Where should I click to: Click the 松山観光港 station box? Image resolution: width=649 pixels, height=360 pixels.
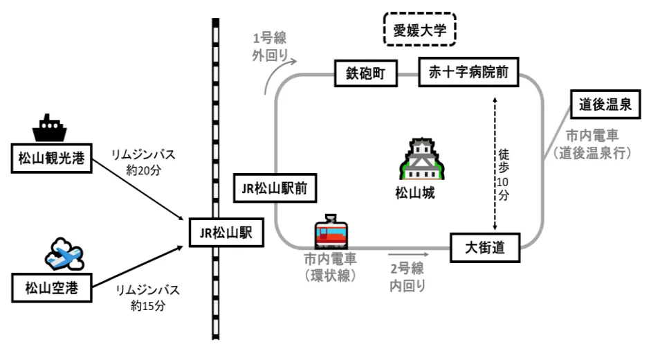coord(51,159)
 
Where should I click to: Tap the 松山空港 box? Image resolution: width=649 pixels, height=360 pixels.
coord(51,287)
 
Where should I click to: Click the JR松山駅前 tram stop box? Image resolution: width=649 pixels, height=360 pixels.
coord(275,186)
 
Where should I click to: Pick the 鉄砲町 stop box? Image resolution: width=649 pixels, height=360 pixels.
coord(367,73)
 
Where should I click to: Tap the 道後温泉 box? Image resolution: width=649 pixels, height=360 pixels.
coord(605,105)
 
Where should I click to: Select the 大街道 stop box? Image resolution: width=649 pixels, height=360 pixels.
coord(484,247)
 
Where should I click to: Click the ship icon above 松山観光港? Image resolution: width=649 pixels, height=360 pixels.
coord(51,127)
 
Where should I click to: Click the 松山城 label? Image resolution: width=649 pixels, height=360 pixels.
coord(415,193)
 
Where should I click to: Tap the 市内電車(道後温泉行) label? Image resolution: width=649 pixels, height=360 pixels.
coord(594,145)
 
